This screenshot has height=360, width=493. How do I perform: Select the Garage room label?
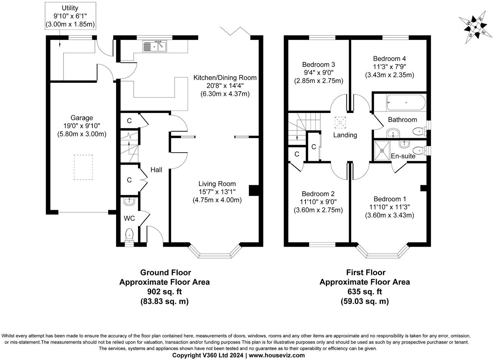[x=82, y=118]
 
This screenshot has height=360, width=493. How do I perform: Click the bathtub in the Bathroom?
[x=406, y=102]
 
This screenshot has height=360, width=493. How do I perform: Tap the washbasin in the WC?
[x=129, y=201]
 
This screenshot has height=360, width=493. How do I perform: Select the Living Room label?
[x=217, y=184]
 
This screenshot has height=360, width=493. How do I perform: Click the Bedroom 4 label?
[x=389, y=59]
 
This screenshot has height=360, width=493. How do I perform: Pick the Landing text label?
[x=345, y=135]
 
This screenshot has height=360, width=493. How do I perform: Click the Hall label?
[x=156, y=170]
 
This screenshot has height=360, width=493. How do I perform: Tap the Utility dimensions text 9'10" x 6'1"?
[x=70, y=16]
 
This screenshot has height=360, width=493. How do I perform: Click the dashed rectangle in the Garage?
[x=83, y=167]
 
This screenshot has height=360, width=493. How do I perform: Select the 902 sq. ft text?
[x=164, y=291]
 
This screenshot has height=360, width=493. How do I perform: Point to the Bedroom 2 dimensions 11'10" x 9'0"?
[x=318, y=202]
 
